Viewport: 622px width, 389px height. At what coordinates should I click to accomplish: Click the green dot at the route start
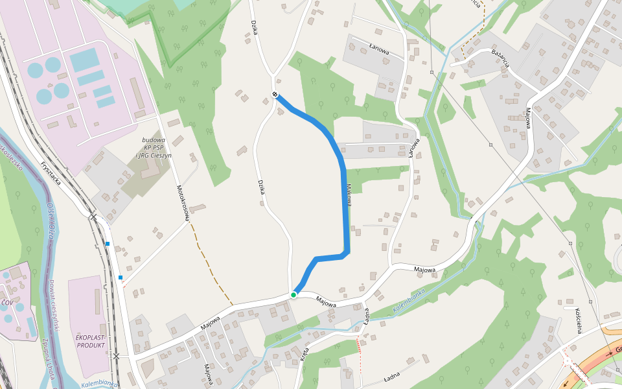coord(294,295)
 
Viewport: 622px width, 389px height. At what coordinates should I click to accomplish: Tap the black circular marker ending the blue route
coord(275,95)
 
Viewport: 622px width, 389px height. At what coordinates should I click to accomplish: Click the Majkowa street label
coord(349,194)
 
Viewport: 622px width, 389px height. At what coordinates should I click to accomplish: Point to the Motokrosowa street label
coord(182,201)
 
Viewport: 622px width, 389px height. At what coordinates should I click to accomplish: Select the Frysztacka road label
coord(50,174)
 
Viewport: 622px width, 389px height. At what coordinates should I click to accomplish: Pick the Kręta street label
coord(305,353)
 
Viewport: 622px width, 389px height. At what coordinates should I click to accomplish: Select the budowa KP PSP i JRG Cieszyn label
coord(154,148)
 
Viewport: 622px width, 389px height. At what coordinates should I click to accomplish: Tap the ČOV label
coord(7,303)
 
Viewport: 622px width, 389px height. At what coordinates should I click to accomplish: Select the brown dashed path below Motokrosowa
coord(210,272)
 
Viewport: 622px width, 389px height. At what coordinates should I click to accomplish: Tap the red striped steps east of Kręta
coord(358,346)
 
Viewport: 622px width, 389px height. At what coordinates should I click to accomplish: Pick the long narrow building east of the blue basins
coord(137,93)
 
